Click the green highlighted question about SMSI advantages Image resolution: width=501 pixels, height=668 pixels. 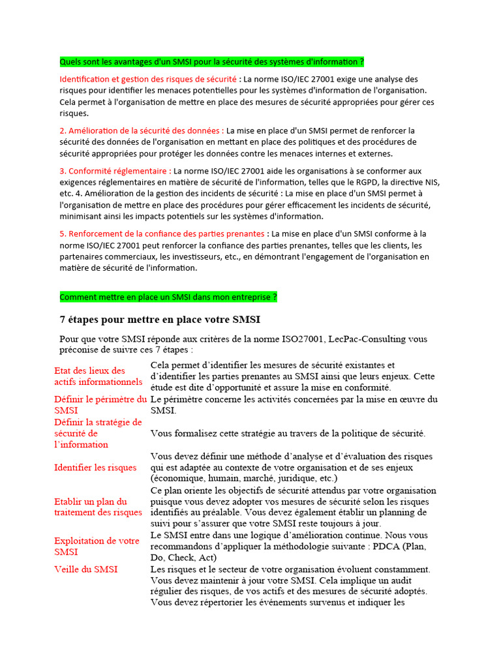point(211,62)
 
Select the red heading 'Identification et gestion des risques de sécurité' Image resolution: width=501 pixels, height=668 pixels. point(149,79)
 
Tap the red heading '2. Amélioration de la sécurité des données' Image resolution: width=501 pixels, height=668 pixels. point(142,130)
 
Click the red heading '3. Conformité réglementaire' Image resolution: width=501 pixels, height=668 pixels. point(115,170)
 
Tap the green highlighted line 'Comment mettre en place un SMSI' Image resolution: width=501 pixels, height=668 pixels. point(168,297)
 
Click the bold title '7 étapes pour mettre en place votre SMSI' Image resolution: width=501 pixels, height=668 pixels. point(160,320)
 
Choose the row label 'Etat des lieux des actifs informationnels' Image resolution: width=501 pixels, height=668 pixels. point(98,376)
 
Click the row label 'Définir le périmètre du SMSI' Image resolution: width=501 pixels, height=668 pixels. point(100,404)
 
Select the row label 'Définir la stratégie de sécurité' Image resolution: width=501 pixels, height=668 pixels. point(98,433)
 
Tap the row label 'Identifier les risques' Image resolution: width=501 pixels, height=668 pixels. point(95,467)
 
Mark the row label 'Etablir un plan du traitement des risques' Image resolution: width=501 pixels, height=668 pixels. point(98,507)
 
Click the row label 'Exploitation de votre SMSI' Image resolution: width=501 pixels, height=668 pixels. point(97,547)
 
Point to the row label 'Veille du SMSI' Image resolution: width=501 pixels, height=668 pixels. point(85,569)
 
